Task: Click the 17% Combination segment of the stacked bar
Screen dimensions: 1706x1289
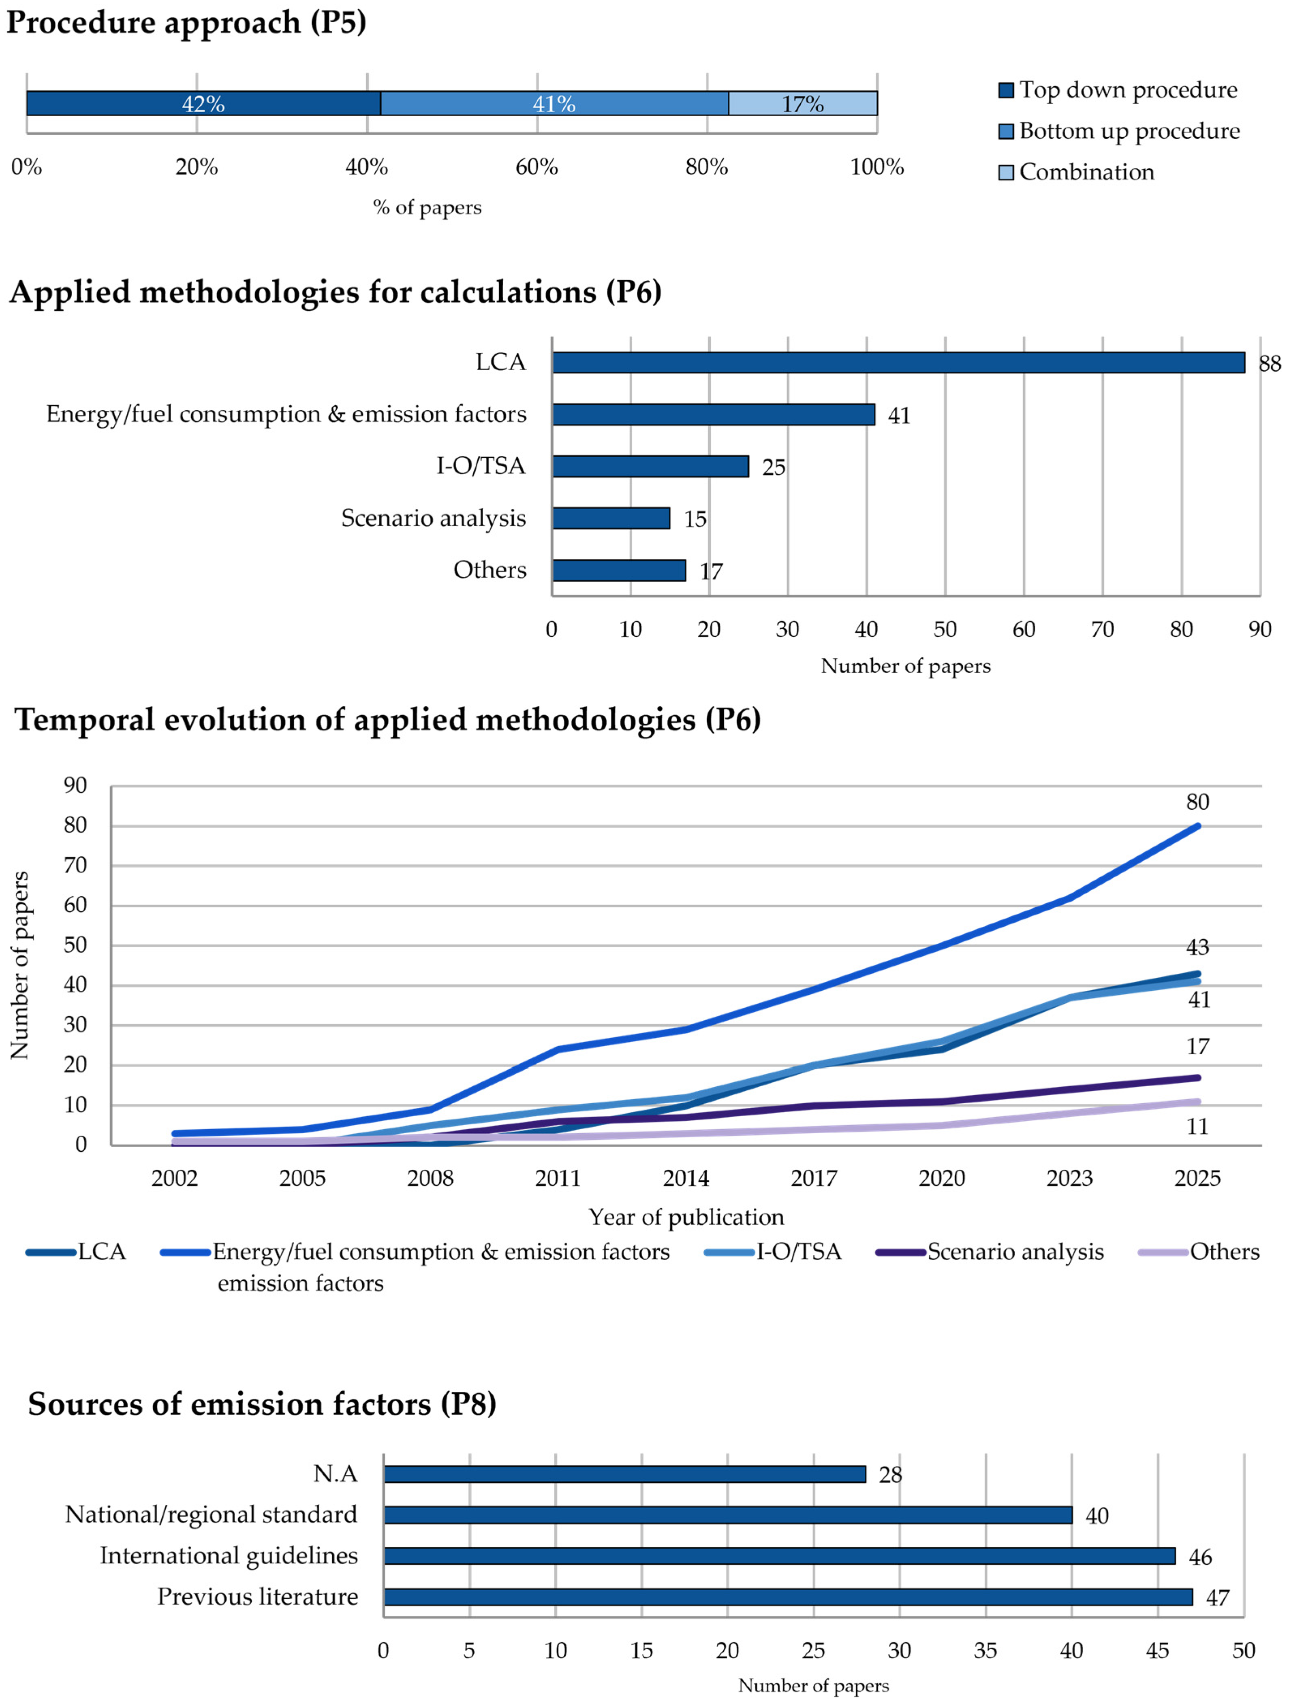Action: coord(802,103)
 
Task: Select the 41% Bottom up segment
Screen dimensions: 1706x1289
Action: coord(554,103)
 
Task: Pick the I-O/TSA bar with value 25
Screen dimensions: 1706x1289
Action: coord(650,467)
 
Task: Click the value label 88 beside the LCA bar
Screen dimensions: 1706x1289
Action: coord(1269,363)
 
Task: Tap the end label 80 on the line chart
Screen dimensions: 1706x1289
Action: coord(1197,802)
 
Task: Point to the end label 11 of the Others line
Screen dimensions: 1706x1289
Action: coord(1197,1127)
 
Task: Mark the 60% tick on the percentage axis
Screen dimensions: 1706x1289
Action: coord(537,166)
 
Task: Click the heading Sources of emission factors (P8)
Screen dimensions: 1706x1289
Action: coord(262,1404)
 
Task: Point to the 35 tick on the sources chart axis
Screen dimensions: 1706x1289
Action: coord(985,1651)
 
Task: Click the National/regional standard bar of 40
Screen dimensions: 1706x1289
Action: coord(727,1515)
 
